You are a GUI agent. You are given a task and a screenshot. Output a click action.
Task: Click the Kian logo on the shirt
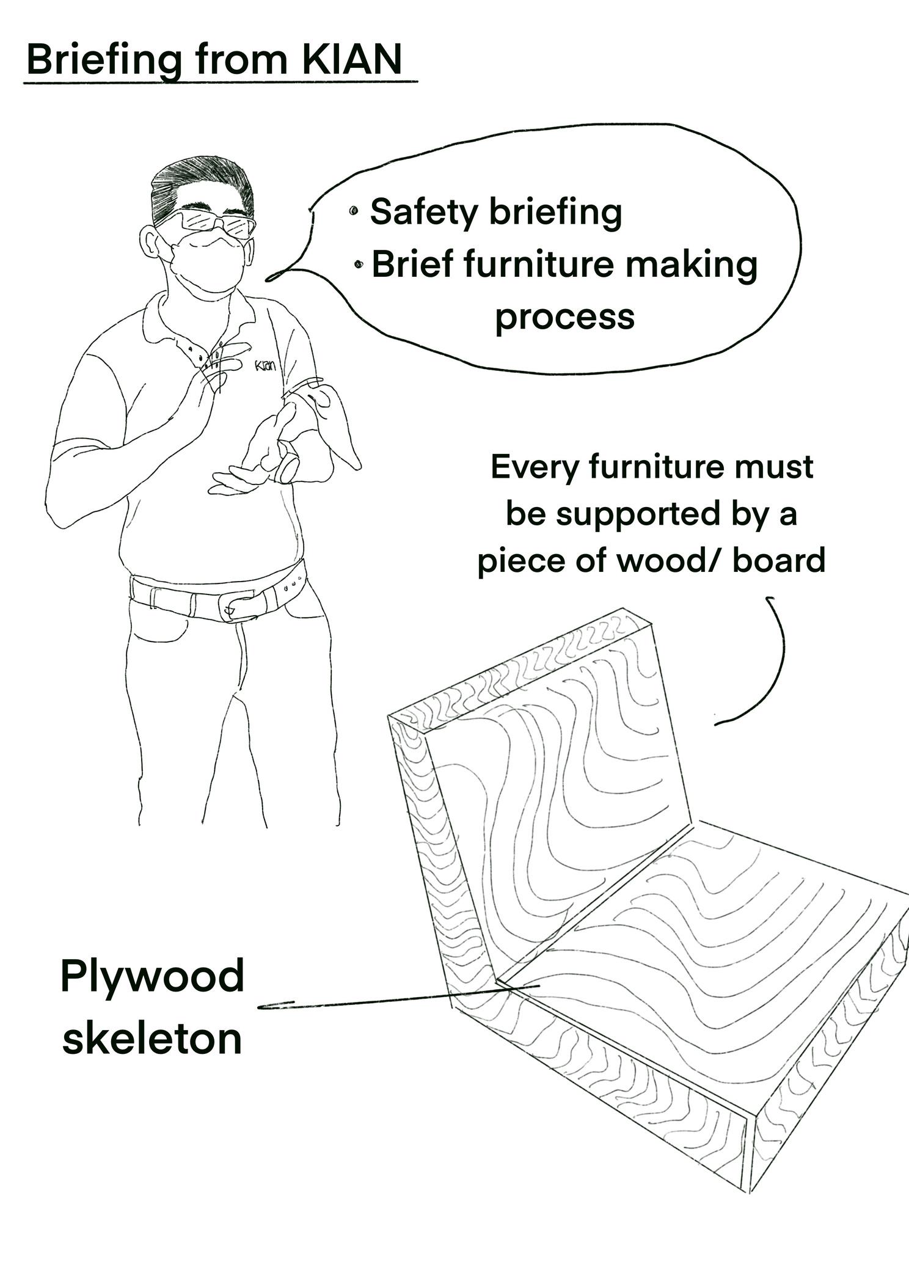pyautogui.click(x=265, y=366)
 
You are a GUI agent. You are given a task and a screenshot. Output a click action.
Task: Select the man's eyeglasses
pyautogui.click(x=208, y=222)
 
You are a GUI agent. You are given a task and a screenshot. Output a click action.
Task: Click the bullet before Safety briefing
pyautogui.click(x=354, y=212)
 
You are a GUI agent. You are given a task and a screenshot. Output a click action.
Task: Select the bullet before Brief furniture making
pyautogui.click(x=359, y=265)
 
